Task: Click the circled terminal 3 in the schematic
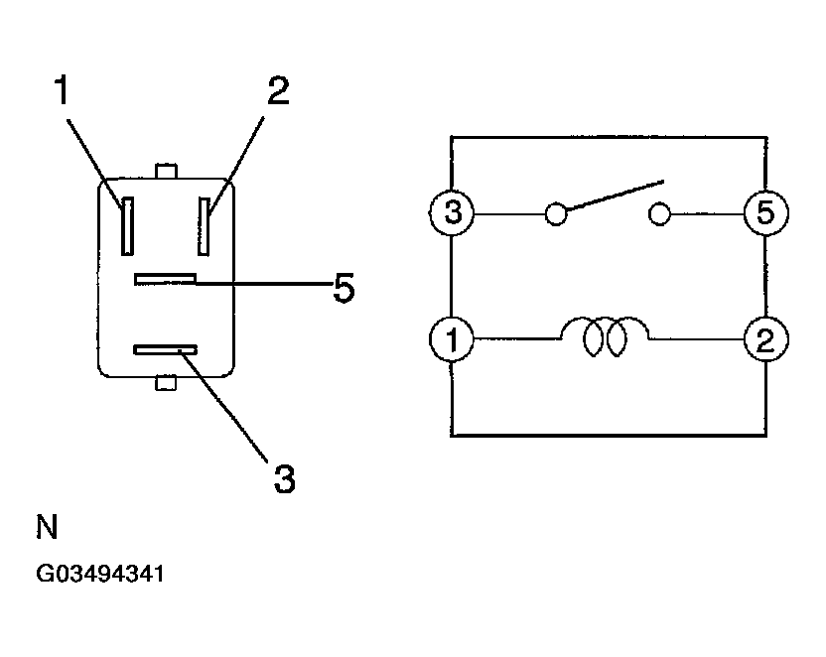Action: (x=452, y=212)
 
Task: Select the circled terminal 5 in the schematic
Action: (x=765, y=212)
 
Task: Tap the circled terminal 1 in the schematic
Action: (x=452, y=339)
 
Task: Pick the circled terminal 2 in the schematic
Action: (x=765, y=339)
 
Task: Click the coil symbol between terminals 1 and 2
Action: (x=606, y=337)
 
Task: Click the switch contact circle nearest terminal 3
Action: (x=557, y=212)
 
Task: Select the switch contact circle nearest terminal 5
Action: (x=659, y=212)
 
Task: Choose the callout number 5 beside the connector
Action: (x=343, y=289)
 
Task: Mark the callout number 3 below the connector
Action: (x=284, y=478)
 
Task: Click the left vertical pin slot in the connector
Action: (x=127, y=224)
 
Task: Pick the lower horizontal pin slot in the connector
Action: (x=167, y=349)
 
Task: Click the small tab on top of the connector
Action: (x=167, y=172)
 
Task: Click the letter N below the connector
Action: (x=48, y=527)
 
